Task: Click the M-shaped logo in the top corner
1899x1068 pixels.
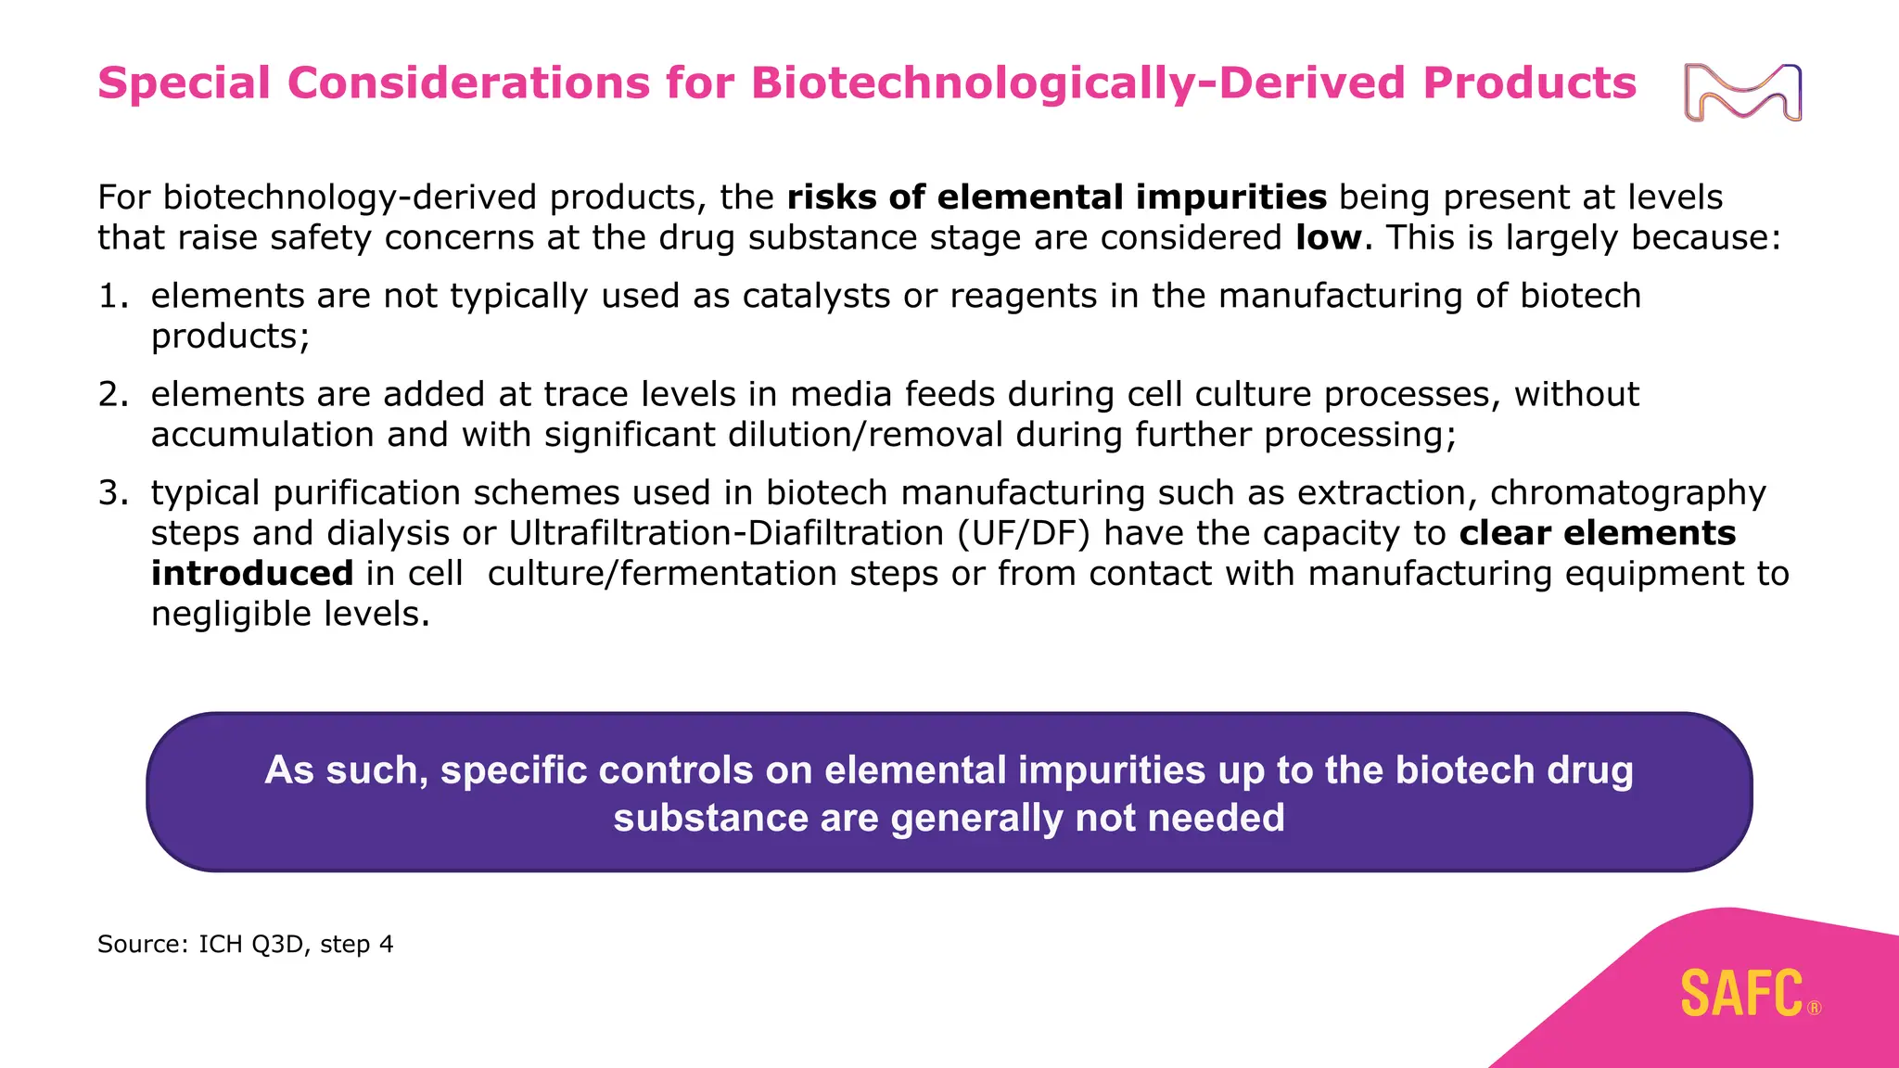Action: (1742, 93)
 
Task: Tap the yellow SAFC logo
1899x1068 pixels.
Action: (1741, 994)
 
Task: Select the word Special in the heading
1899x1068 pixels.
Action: (184, 83)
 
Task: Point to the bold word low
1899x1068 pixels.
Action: (1328, 238)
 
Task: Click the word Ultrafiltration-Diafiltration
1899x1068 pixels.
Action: (726, 534)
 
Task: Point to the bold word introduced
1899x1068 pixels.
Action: (252, 574)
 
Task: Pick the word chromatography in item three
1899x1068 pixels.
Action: (1627, 493)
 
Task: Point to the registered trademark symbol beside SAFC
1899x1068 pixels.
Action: (1814, 1009)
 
